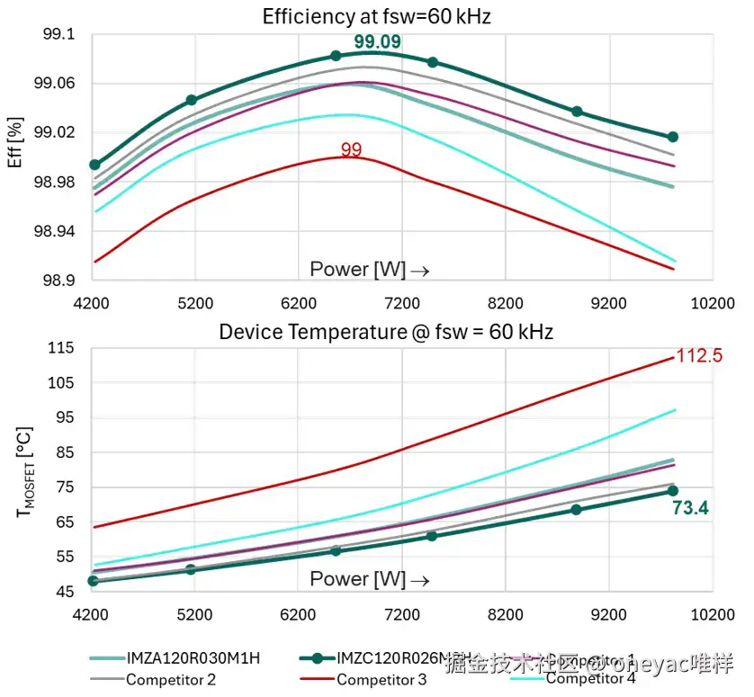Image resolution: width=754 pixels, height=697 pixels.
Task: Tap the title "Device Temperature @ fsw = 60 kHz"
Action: click(386, 332)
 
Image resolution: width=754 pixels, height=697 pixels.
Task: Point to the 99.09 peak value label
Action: click(377, 41)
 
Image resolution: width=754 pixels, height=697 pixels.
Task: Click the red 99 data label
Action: click(351, 149)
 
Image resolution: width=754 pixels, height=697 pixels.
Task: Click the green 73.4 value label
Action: click(690, 509)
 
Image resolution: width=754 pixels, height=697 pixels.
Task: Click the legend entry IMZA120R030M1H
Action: click(193, 657)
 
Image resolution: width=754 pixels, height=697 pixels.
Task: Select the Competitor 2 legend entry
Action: click(170, 680)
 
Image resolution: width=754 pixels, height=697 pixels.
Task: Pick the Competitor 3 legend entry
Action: click(381, 680)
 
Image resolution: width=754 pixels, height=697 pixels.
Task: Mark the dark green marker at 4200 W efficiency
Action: click(94, 165)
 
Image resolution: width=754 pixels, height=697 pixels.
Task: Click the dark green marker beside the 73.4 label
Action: click(673, 490)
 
